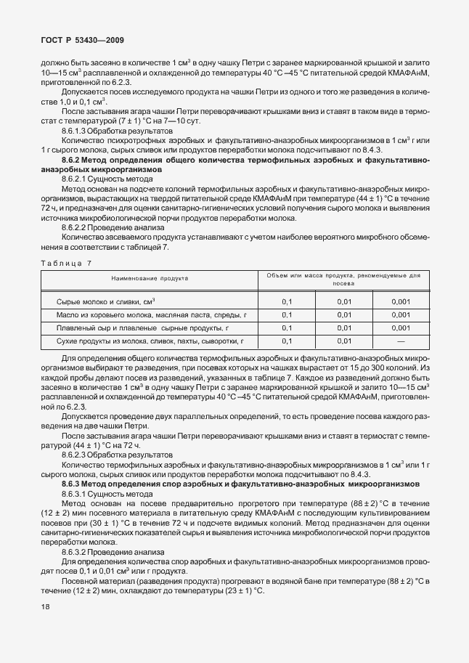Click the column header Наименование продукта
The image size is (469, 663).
click(150, 277)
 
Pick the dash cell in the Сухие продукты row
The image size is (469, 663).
click(400, 341)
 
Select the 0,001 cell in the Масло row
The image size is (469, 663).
click(400, 314)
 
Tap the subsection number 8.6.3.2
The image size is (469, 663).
click(76, 552)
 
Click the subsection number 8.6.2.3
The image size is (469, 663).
click(76, 454)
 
